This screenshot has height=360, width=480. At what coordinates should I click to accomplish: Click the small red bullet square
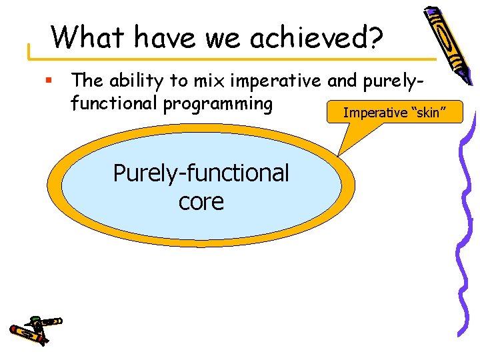tap(48, 81)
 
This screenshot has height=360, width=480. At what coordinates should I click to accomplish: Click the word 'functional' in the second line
tap(115, 105)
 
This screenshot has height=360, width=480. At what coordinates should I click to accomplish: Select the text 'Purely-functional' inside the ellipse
tap(201, 173)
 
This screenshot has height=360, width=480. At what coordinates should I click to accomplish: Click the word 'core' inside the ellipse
tap(201, 201)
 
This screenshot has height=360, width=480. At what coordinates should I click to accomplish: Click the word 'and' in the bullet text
tap(343, 81)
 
